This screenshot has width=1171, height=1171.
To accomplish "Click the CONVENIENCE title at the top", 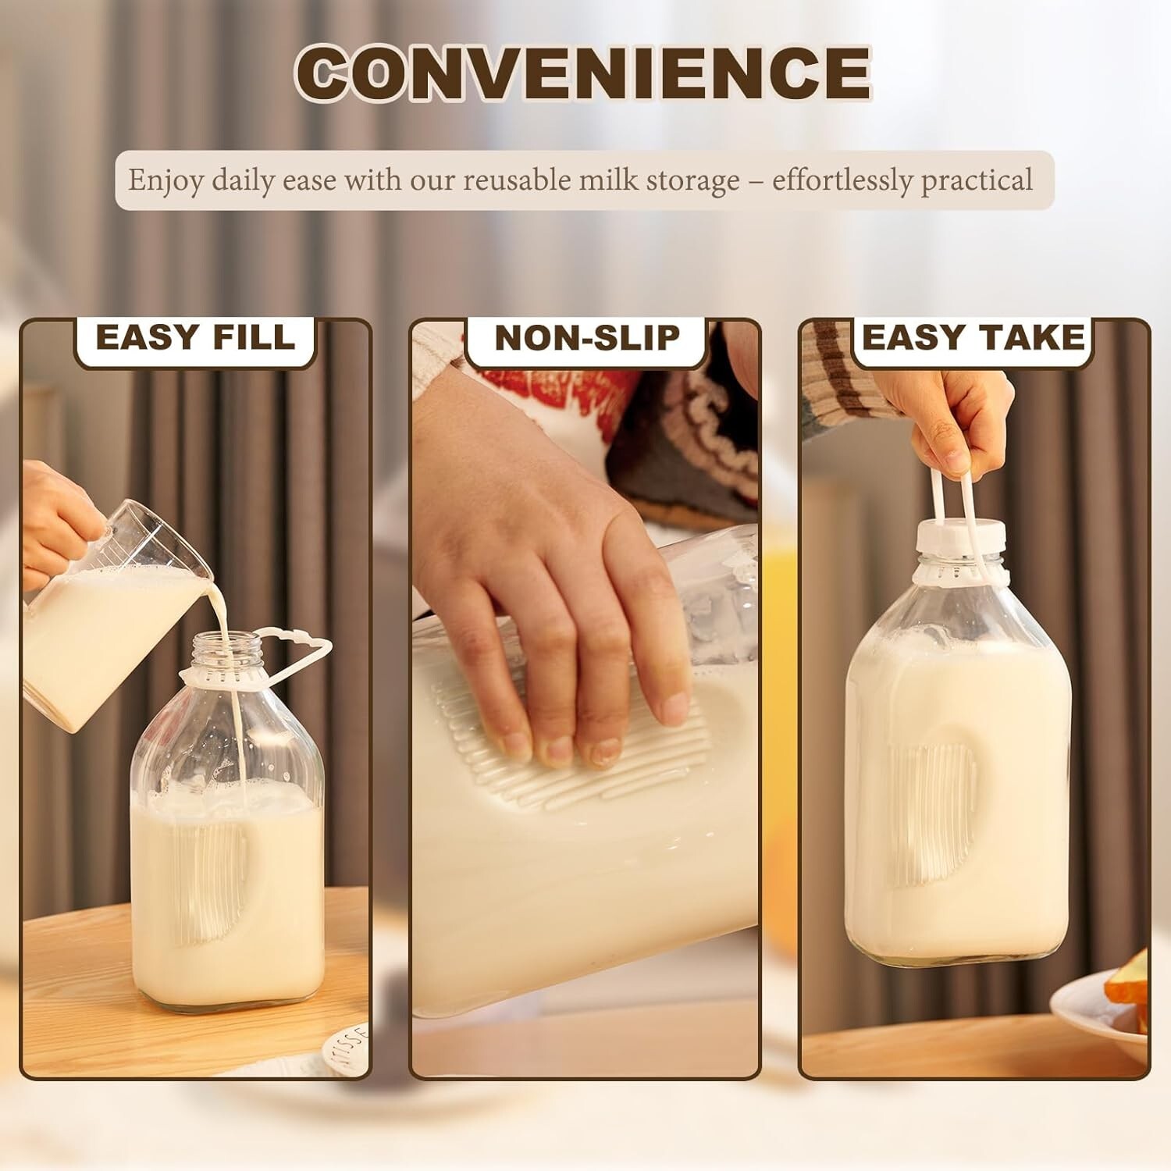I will pyautogui.click(x=583, y=73).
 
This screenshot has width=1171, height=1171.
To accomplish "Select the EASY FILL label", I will pyautogui.click(x=195, y=337).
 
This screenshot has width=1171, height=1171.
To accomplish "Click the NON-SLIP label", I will pyautogui.click(x=587, y=337).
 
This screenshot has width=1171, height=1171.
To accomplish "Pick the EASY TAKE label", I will pyautogui.click(x=973, y=337).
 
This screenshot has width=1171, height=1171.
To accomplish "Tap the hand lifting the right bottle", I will pyautogui.click(x=956, y=422).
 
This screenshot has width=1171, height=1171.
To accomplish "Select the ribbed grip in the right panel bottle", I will pyautogui.click(x=929, y=812).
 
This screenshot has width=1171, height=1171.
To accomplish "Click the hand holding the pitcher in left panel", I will pyautogui.click(x=55, y=515).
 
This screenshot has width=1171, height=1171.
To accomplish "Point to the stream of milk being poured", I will pyautogui.click(x=234, y=703).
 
